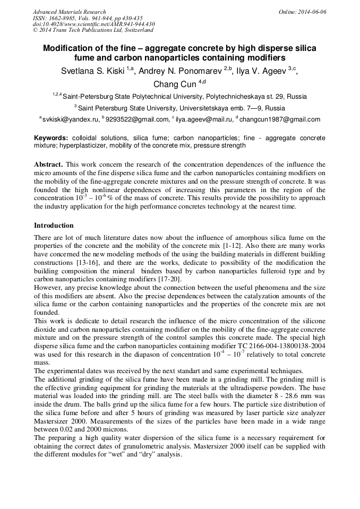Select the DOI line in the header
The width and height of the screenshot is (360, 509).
click(93, 24)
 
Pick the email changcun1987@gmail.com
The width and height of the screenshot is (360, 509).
click(280, 119)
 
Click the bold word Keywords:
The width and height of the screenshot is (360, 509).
click(51, 137)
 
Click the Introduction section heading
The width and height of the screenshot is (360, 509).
click(54, 226)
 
